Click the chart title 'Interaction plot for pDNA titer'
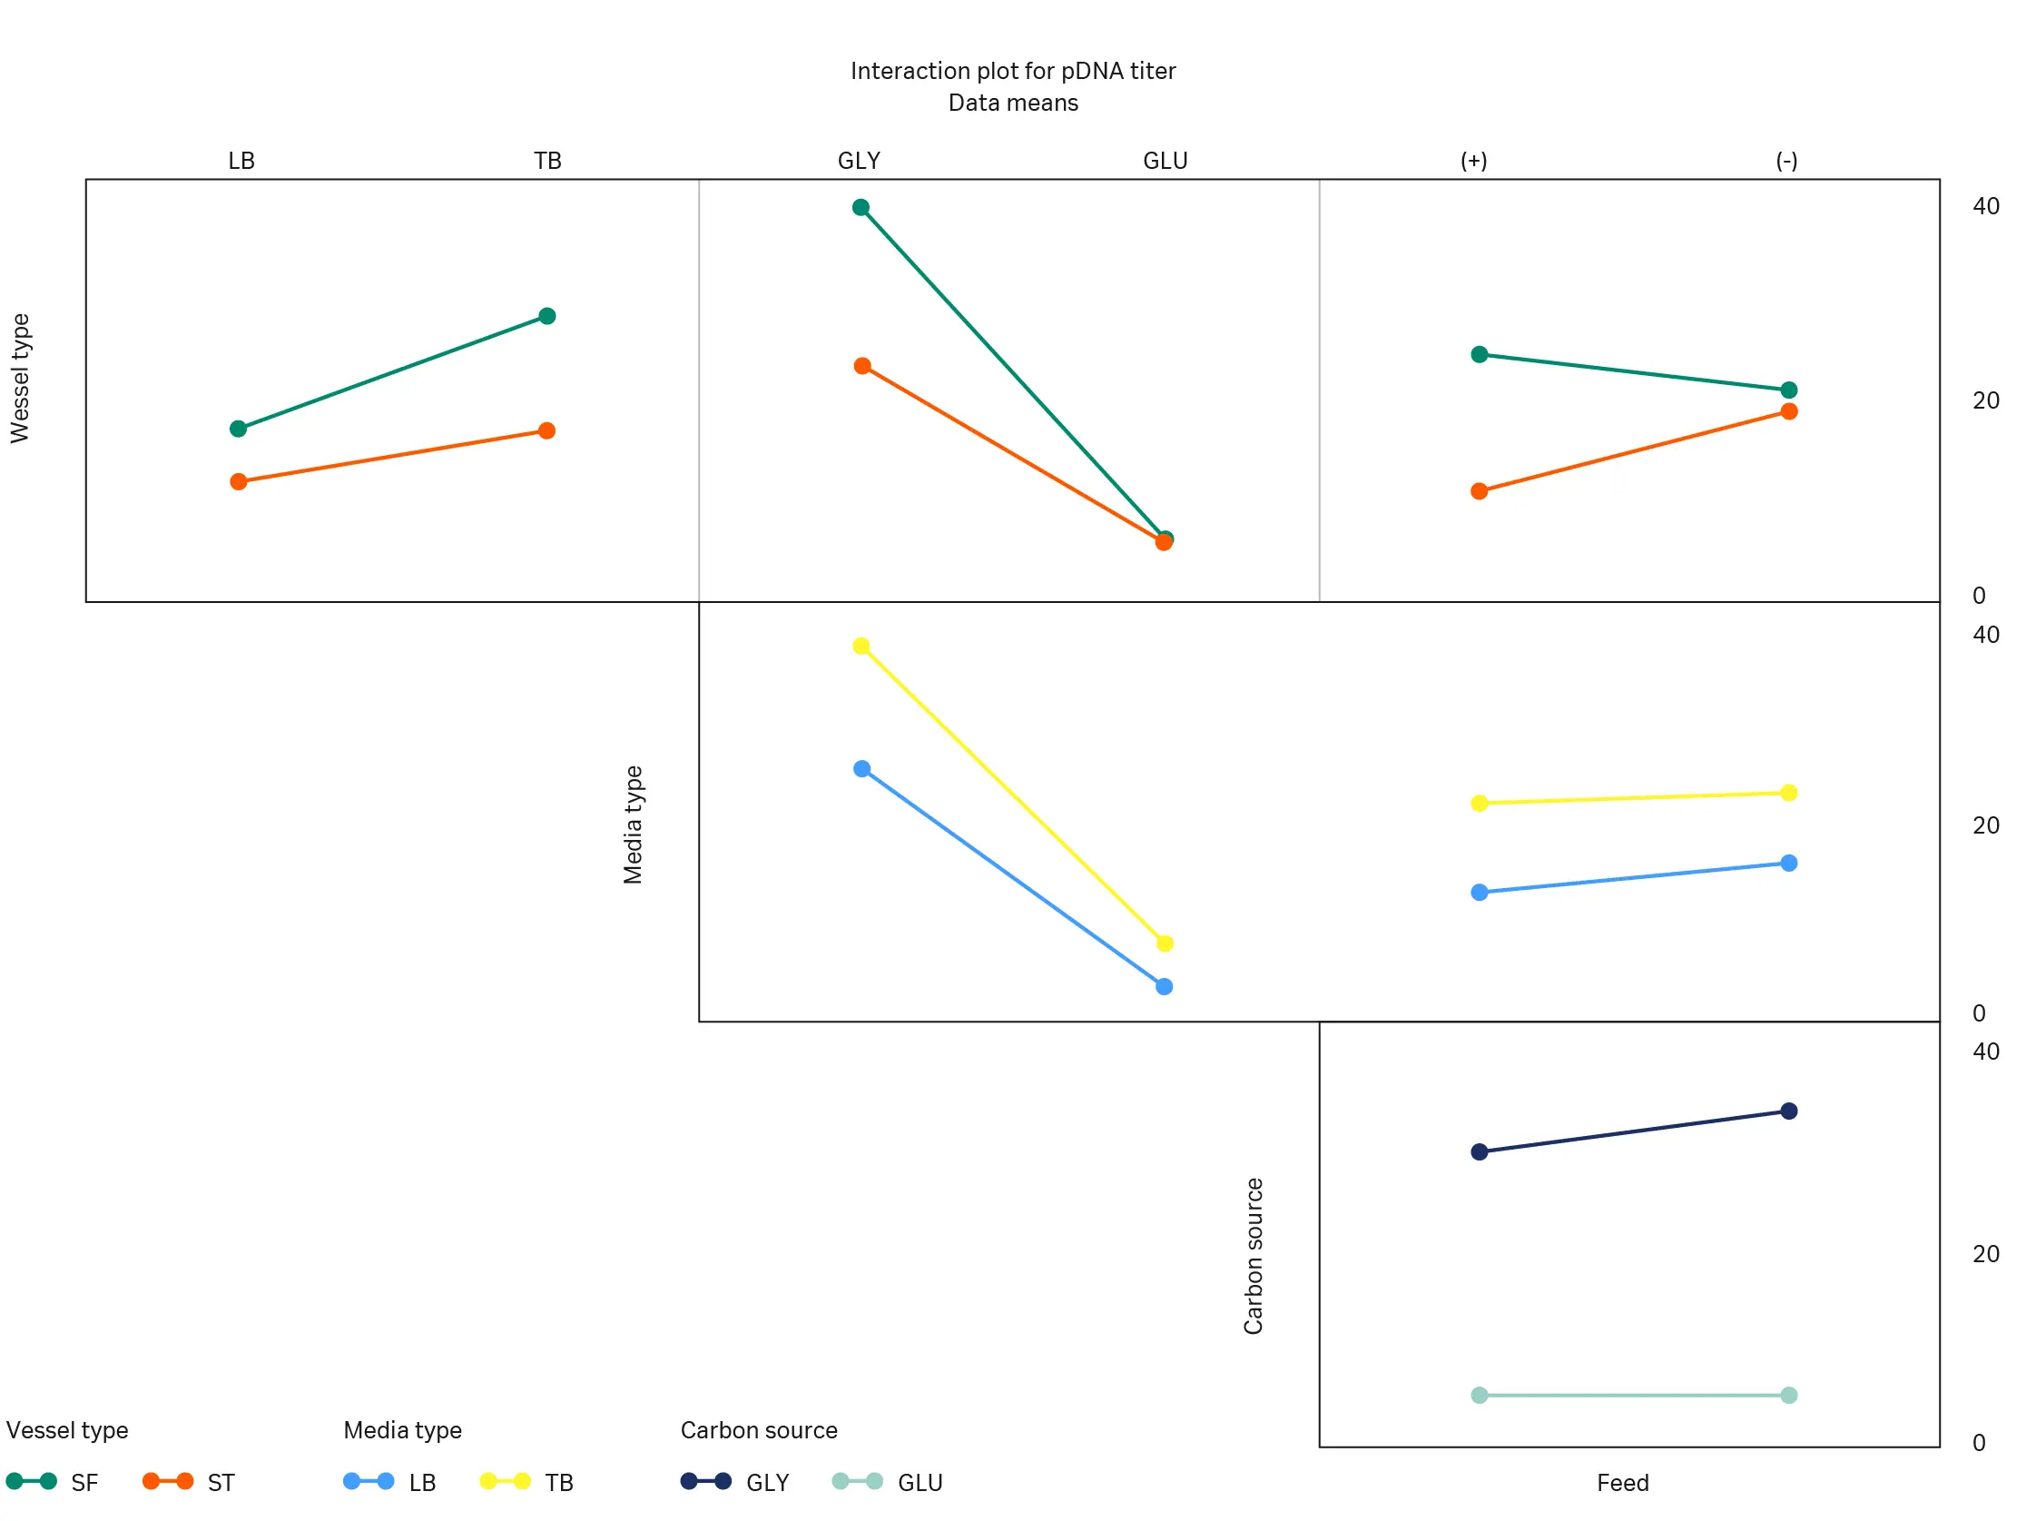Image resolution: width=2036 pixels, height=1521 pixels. tap(1012, 71)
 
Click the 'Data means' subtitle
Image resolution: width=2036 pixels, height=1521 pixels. tap(1012, 103)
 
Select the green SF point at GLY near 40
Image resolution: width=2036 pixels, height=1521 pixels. tap(861, 207)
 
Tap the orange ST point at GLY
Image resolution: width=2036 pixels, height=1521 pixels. tap(862, 367)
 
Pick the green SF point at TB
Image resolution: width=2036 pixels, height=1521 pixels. tap(546, 316)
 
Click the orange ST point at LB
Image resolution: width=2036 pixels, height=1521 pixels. tap(239, 481)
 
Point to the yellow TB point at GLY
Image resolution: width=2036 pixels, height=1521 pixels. tap(861, 647)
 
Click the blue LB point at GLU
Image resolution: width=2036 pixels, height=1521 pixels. tap(1165, 987)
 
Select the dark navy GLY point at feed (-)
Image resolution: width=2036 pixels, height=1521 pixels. tap(1789, 1111)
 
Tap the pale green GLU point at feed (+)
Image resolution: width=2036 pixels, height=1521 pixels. tap(1480, 1396)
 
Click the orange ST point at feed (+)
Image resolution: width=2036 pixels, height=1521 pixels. tap(1480, 491)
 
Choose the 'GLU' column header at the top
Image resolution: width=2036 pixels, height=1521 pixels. tap(1166, 161)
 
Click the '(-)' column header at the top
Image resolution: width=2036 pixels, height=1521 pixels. tap(1786, 161)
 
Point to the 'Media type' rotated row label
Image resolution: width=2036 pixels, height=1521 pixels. tap(634, 825)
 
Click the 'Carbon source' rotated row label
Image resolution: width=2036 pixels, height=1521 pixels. tap(1254, 1256)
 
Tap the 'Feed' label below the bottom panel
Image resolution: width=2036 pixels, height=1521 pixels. tap(1623, 1483)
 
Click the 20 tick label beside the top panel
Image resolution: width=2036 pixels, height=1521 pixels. tap(1986, 400)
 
